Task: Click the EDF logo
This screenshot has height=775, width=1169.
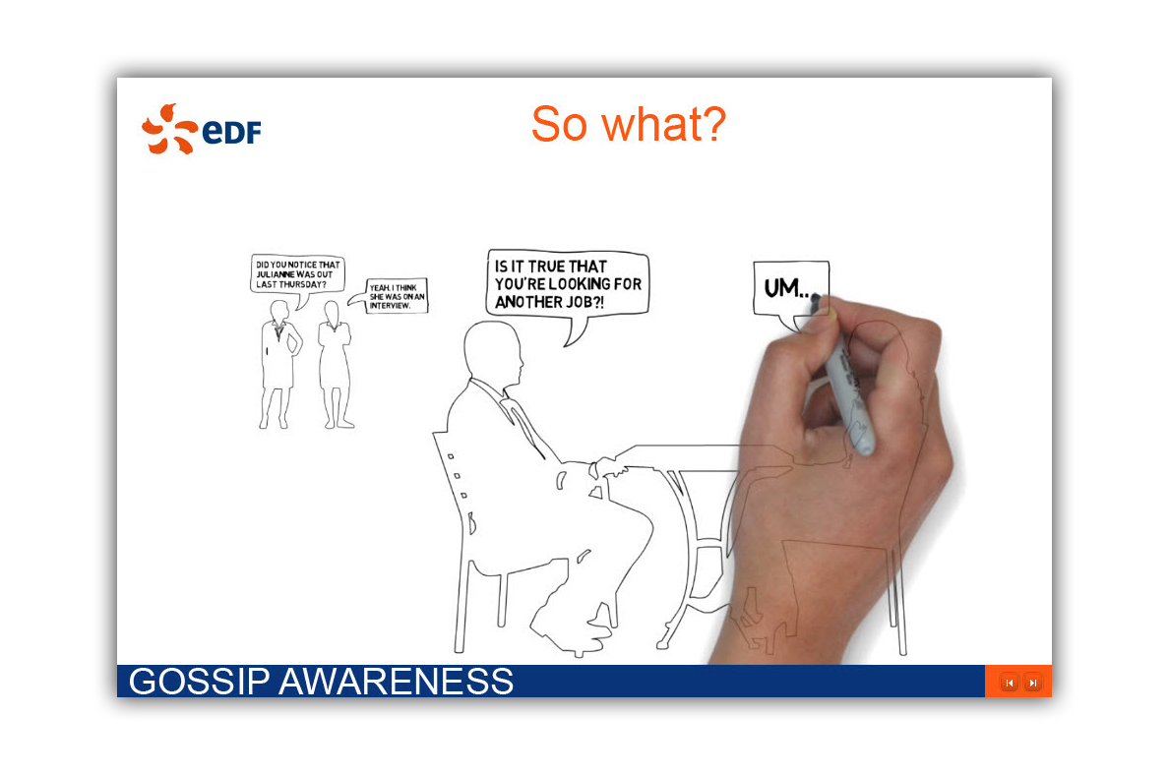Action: [x=202, y=130]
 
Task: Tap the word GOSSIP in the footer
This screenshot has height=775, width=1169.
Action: [x=199, y=682]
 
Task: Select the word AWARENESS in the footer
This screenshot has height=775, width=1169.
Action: [x=396, y=682]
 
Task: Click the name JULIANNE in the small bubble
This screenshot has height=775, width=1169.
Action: [x=276, y=274]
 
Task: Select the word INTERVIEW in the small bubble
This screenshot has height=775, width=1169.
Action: [x=390, y=306]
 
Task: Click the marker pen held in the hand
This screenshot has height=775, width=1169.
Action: [x=847, y=380]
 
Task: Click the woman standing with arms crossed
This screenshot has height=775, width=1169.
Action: [x=335, y=365]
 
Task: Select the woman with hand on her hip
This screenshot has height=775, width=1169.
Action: [x=280, y=365]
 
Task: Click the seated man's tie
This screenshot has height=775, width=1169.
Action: [x=526, y=429]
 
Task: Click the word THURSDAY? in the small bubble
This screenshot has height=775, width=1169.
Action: [x=303, y=284]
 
